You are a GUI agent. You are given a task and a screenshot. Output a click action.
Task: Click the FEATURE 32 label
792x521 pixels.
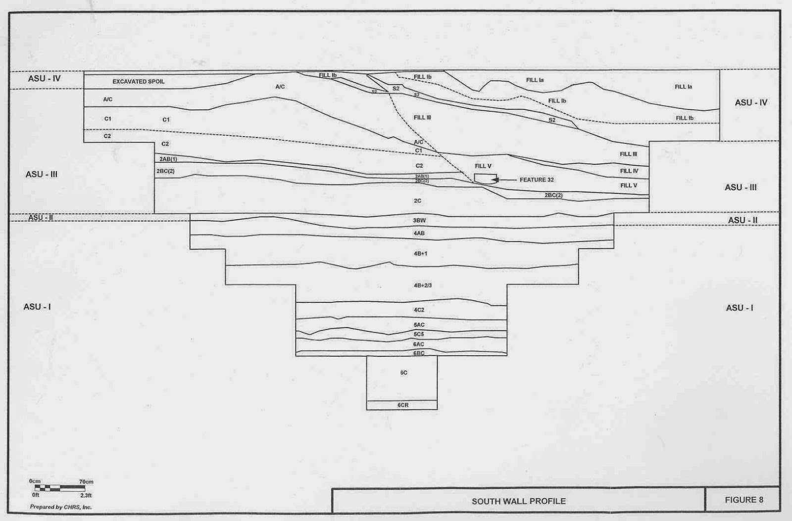tap(537, 180)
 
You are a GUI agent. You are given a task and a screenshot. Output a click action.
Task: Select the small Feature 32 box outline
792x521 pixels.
tap(485, 178)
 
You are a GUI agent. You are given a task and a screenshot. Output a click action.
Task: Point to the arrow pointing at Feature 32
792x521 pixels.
tap(504, 180)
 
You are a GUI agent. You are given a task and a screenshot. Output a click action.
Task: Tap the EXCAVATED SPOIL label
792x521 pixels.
tap(139, 82)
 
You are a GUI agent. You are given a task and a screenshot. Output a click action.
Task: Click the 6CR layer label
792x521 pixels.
tap(403, 405)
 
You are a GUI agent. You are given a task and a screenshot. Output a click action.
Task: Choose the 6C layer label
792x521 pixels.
tap(404, 373)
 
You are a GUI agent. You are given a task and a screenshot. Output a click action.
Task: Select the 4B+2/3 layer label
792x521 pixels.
tap(423, 285)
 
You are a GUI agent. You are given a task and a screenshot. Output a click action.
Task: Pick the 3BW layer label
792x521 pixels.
tap(419, 220)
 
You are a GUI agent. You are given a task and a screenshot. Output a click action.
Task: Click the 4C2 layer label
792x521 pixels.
tap(419, 310)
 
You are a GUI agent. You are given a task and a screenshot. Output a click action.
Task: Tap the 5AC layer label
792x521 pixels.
tap(419, 325)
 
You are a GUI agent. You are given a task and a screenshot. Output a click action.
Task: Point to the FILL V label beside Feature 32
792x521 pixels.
tap(483, 166)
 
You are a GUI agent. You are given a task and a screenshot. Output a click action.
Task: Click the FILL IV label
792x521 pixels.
tap(629, 171)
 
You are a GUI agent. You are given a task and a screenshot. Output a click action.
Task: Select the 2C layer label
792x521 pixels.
tap(417, 201)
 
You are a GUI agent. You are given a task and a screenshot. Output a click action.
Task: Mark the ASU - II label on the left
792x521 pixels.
tap(41, 218)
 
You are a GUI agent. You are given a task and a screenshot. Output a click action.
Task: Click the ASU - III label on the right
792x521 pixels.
tap(741, 188)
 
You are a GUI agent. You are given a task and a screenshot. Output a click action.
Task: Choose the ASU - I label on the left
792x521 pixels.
tap(37, 307)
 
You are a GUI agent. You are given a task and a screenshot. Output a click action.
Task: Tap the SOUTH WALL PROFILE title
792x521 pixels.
tap(518, 501)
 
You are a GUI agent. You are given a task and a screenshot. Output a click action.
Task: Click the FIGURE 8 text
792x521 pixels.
tap(744, 500)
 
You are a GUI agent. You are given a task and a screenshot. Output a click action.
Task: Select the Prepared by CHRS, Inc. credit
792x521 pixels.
tap(61, 507)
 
